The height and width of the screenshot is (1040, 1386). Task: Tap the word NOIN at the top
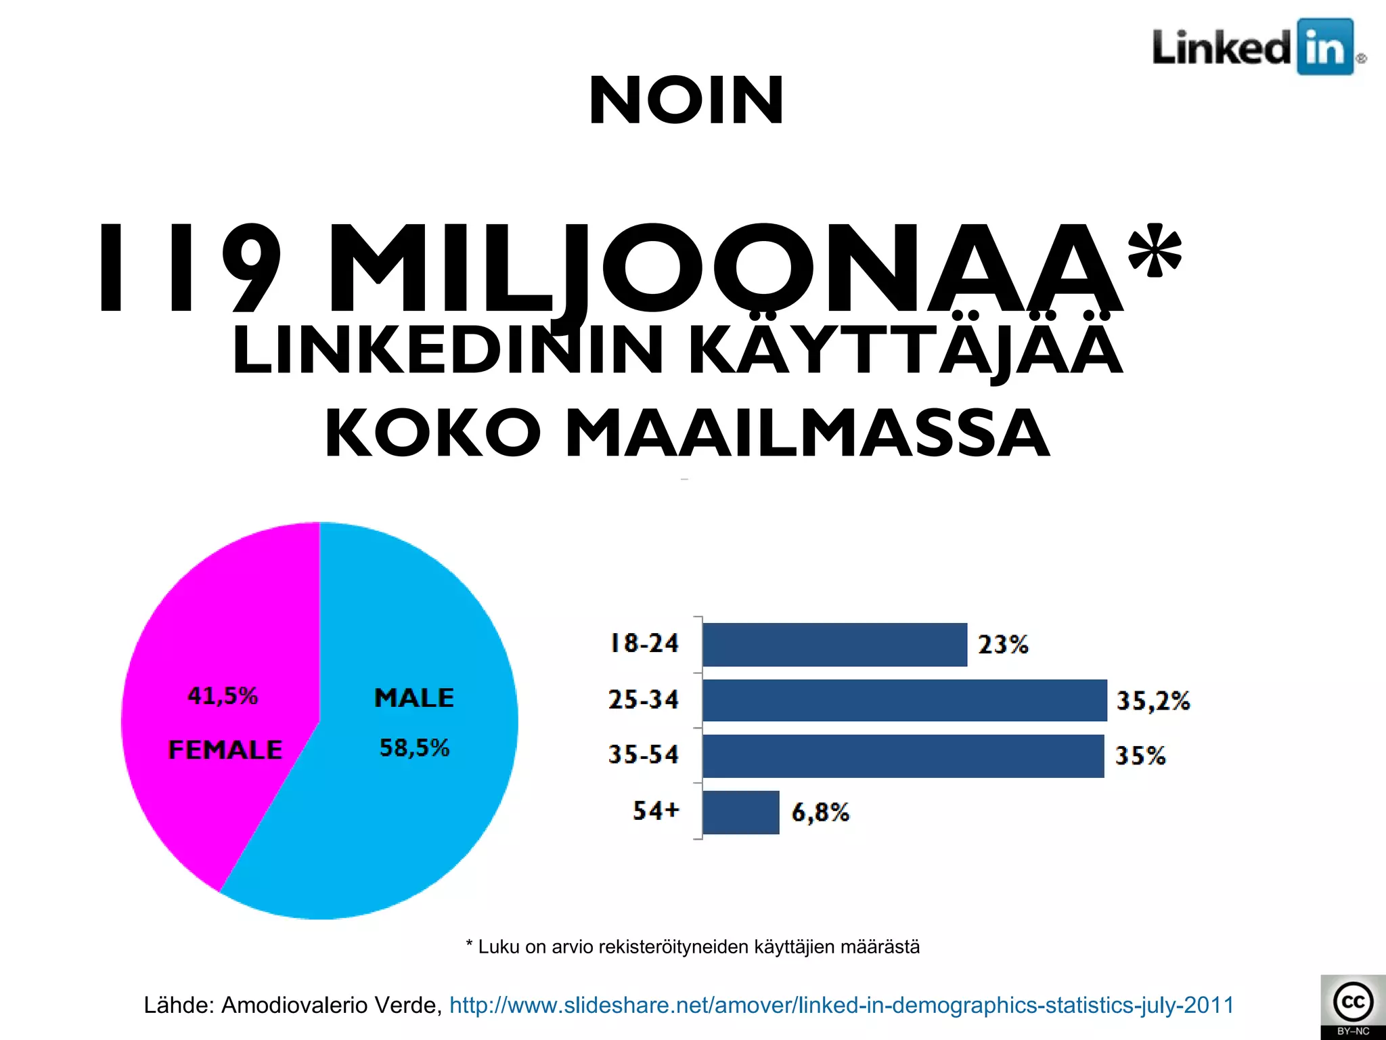686,102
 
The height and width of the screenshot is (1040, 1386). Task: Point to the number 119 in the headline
189,269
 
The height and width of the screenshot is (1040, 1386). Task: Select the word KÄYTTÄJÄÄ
906,349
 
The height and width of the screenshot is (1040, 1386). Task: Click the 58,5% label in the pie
414,748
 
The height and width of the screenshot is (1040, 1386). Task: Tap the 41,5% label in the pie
223,696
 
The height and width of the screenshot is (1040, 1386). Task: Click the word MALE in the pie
414,698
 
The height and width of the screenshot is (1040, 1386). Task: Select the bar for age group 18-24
834,645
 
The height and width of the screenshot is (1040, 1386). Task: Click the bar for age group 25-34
904,701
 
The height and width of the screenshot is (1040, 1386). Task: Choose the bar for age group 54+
741,812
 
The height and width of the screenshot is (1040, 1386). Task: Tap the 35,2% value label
1153,701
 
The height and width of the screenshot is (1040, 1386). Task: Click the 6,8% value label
820,812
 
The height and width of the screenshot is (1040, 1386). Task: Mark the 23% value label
1003,645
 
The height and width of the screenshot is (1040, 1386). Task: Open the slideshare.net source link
841,1005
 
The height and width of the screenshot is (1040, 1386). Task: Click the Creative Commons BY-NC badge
1352,1007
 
